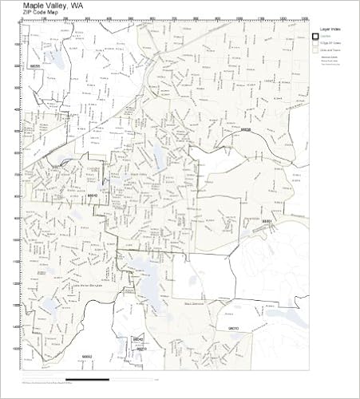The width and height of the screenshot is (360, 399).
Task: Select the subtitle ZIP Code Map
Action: pos(40,13)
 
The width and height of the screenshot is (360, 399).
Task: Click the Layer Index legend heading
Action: pos(327,26)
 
